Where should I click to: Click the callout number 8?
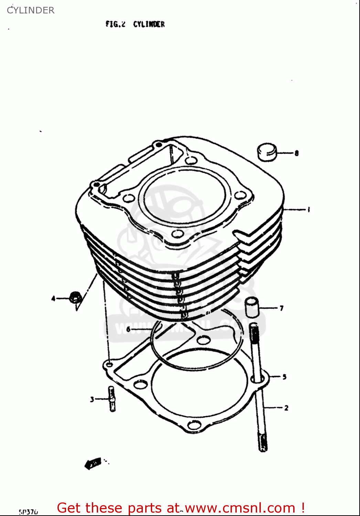click(296, 153)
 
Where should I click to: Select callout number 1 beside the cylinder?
click(308, 209)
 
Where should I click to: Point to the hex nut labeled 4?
click(75, 297)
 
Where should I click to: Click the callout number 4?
click(53, 298)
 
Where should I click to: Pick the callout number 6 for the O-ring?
click(128, 329)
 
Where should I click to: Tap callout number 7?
click(282, 308)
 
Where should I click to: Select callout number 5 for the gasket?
click(284, 377)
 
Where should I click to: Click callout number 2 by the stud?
click(286, 408)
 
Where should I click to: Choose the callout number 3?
click(92, 399)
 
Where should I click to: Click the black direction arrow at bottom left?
click(93, 463)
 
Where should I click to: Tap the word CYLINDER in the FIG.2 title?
click(149, 24)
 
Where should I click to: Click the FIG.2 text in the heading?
click(115, 24)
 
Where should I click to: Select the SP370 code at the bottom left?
click(28, 512)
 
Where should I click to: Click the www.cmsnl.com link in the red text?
click(240, 508)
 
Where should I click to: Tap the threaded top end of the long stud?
click(254, 332)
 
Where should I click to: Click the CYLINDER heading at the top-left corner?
click(31, 10)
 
